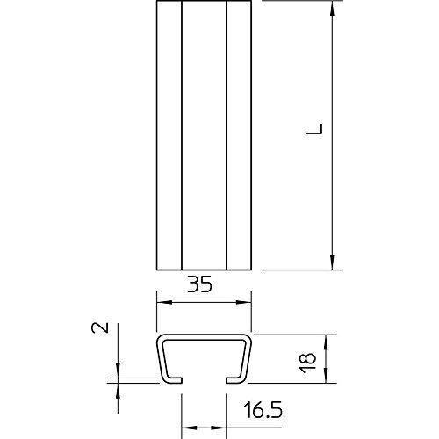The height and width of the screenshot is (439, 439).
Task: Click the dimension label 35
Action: [x=199, y=284]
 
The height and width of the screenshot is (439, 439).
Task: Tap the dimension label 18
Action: [x=308, y=363]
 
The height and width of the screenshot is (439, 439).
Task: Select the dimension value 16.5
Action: [x=263, y=410]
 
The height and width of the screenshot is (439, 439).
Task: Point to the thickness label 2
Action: [x=100, y=327]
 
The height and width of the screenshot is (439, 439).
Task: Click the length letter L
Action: [x=314, y=129]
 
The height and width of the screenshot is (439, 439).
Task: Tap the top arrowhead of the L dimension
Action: [x=332, y=8]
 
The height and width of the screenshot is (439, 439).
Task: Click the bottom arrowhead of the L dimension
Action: [x=332, y=262]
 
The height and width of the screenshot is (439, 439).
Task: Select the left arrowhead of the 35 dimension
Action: [x=164, y=302]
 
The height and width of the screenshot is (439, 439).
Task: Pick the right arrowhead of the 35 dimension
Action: [x=244, y=302]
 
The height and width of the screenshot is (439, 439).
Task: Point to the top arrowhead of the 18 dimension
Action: [x=327, y=342]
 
